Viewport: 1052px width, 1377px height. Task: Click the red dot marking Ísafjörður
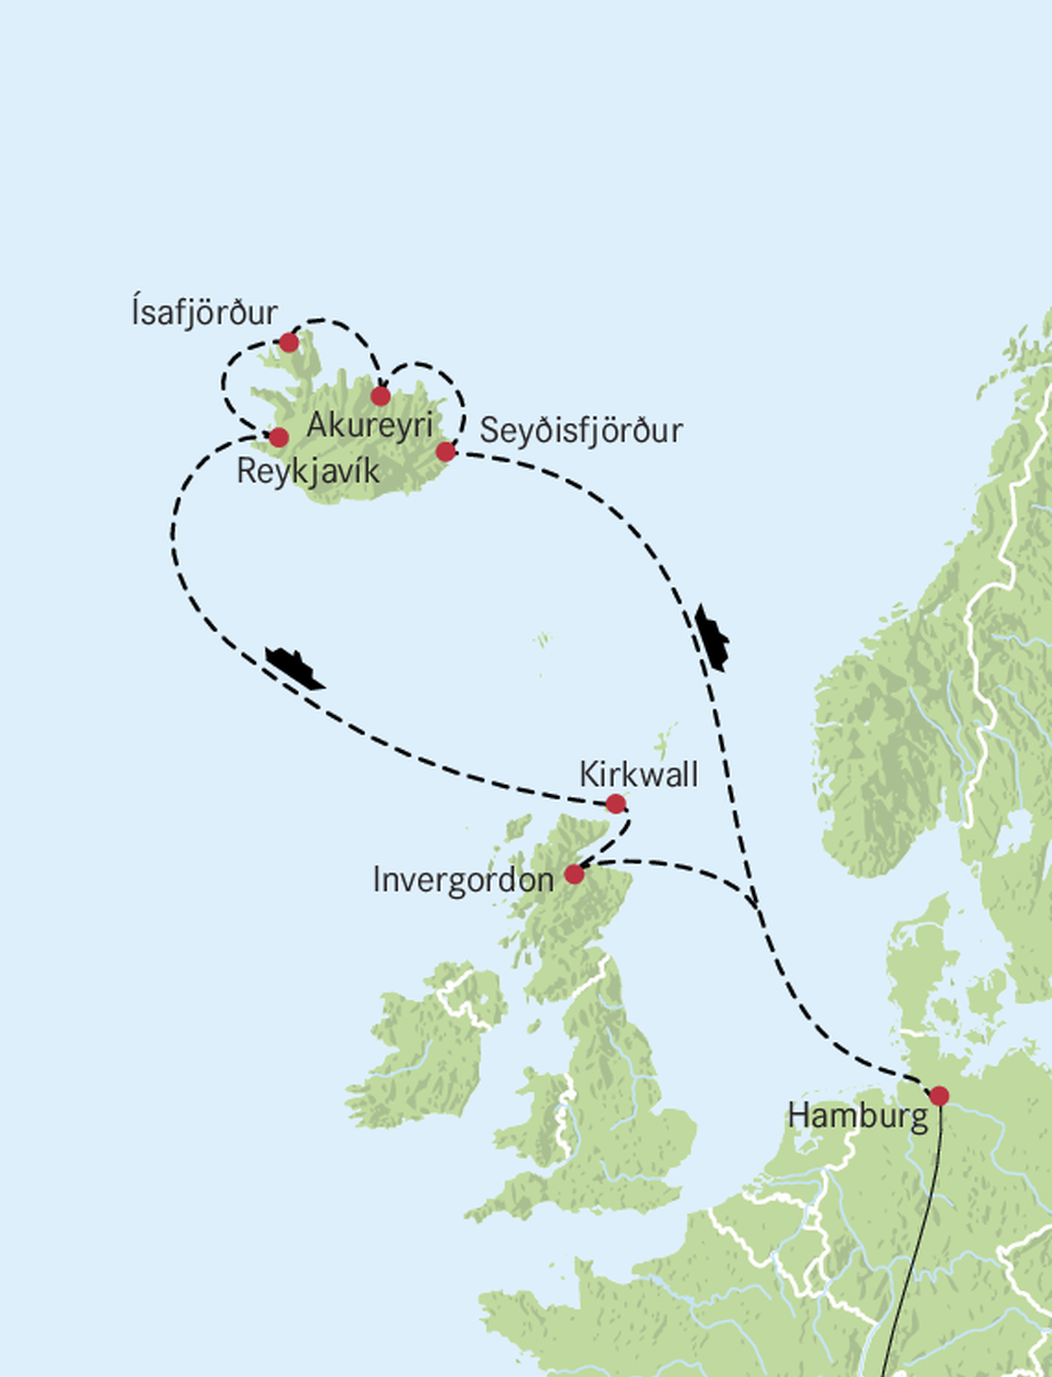tap(289, 342)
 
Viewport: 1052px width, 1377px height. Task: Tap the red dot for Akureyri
tap(380, 395)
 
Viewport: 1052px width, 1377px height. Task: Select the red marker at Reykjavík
tap(278, 437)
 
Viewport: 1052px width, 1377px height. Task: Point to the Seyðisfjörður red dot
tap(445, 451)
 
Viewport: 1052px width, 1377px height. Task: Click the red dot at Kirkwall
tap(615, 804)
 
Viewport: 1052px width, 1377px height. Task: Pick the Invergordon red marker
tap(574, 874)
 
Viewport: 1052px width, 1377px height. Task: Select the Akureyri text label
tap(369, 426)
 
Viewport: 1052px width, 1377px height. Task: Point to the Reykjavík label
tap(308, 471)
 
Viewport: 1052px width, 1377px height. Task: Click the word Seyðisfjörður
tap(580, 431)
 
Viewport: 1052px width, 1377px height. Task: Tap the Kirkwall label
tap(638, 775)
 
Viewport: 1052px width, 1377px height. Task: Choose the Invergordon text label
tap(463, 880)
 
